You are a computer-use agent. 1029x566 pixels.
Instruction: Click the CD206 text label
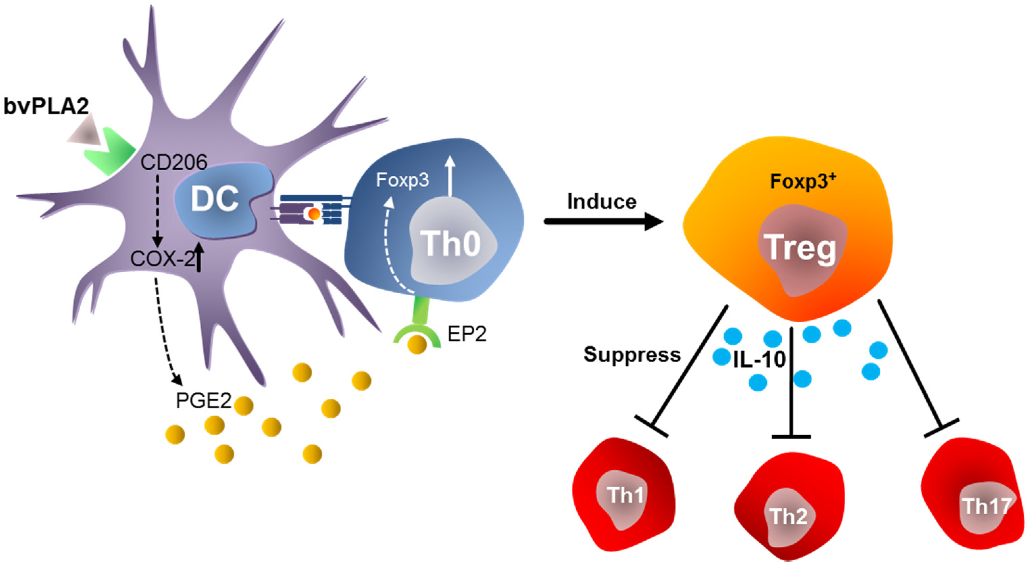(174, 162)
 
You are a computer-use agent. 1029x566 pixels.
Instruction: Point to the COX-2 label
(162, 259)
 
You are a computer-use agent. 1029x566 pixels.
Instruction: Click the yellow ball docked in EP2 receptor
(417, 345)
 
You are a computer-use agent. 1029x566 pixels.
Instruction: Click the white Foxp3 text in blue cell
(402, 180)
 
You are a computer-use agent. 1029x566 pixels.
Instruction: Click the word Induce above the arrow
(602, 202)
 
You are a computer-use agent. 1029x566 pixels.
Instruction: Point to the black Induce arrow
(603, 221)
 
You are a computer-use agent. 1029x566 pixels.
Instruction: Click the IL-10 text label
(759, 359)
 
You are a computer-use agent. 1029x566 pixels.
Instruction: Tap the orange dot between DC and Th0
(315, 214)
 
